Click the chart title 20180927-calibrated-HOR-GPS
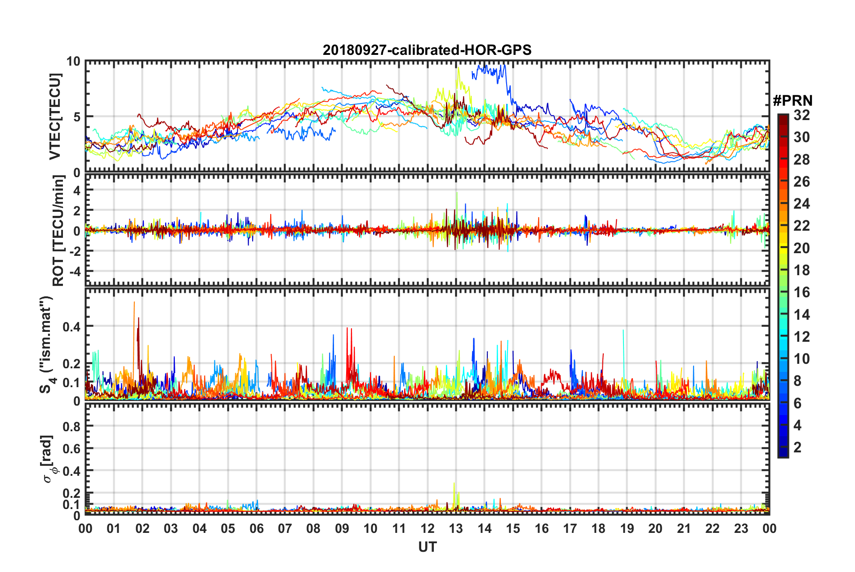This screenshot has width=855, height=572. pos(427,50)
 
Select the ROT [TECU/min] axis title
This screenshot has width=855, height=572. pos(58,231)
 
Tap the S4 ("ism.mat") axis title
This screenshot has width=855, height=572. pos(47,344)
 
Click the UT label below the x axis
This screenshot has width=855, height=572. pos(427,547)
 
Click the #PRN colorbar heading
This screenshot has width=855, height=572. pos(792,100)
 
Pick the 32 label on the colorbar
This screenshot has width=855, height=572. pos(802,115)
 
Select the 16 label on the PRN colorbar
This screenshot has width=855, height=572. pos(802,292)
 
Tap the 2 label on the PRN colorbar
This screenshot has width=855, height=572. pos(797,447)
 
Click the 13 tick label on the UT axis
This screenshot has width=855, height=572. pos(456,528)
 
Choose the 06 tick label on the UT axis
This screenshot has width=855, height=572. pos(256,528)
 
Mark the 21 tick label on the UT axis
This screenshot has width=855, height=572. pos(684,528)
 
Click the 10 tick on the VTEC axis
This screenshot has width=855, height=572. pos(74,62)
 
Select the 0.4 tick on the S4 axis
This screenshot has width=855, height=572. pos(72,326)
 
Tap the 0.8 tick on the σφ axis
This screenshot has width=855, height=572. pos(72,426)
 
